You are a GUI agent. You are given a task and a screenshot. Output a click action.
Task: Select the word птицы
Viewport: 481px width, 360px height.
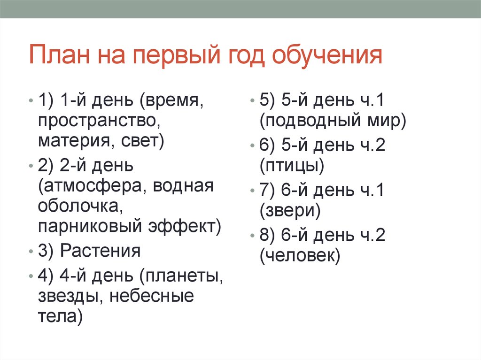point(291,165)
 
